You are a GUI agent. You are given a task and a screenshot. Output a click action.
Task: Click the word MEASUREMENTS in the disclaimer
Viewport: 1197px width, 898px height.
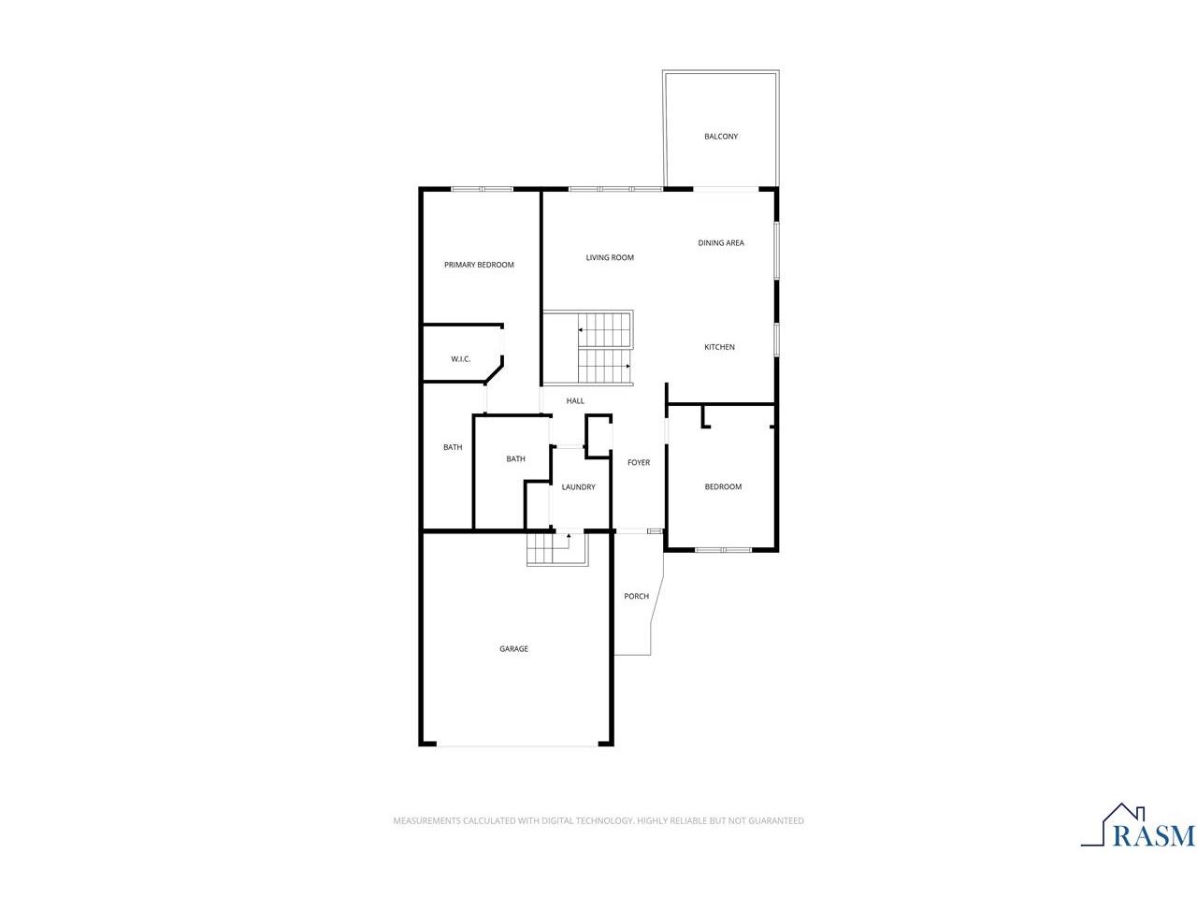pyautogui.click(x=426, y=820)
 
